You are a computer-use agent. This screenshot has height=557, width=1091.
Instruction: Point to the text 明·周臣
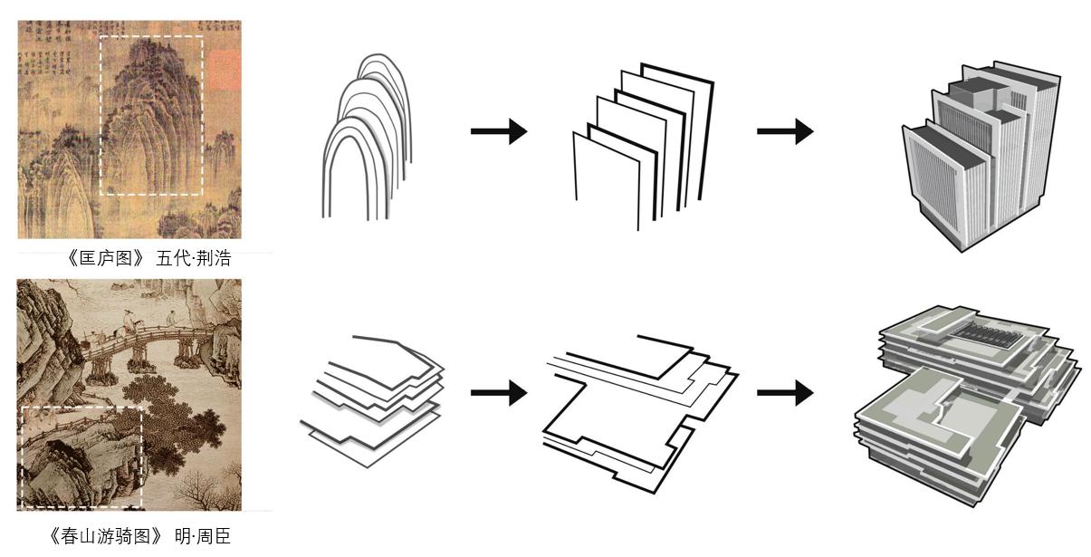click(x=203, y=536)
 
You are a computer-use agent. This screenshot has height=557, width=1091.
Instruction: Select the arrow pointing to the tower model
click(x=784, y=131)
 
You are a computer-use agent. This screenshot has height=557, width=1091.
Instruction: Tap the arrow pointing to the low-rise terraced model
click(x=784, y=393)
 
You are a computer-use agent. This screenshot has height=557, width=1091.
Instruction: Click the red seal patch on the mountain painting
click(x=224, y=69)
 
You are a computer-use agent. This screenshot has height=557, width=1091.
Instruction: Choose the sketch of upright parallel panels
click(x=643, y=145)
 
